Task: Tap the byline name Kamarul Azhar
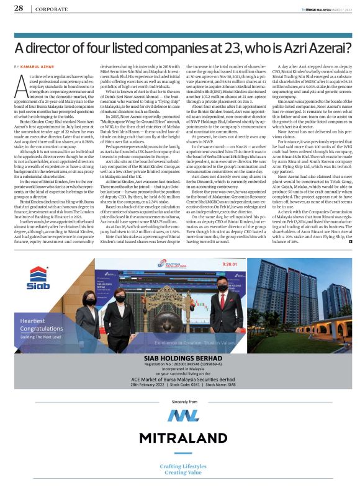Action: point(39,66)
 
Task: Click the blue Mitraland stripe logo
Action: point(179,415)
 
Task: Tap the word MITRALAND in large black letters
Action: point(179,438)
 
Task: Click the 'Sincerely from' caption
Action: point(179,401)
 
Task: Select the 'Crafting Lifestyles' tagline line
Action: point(180,466)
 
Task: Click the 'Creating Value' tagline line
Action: point(180,472)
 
